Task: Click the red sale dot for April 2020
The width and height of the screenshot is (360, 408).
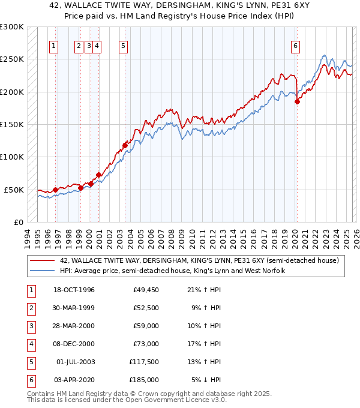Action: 297,102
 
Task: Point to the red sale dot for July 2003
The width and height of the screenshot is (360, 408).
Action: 125,145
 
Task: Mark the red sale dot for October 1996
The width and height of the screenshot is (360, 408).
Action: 55,190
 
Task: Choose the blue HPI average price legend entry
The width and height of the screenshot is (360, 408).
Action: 172,271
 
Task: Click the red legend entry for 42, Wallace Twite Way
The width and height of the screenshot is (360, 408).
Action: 199,260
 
